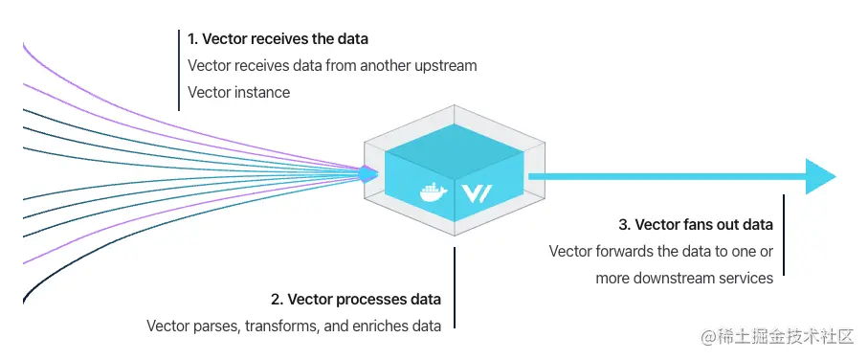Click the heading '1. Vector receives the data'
pos(278,40)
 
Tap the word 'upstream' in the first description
pos(447,66)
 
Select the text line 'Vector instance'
pos(238,93)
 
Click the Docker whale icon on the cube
pos(434,191)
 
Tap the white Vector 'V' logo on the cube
pos(477,191)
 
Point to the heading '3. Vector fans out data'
pos(696,225)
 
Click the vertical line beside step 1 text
pos(178,69)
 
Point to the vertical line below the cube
pos(455,287)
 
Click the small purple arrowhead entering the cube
pos(367,173)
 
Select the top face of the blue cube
pos(456,144)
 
